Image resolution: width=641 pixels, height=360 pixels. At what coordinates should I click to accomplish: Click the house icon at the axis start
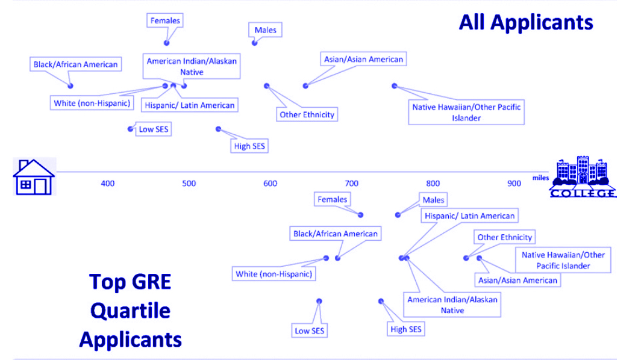tap(34, 176)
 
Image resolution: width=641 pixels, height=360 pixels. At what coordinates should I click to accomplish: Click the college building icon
tap(583, 176)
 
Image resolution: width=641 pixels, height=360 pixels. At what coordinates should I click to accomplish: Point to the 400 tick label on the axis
tap(107, 184)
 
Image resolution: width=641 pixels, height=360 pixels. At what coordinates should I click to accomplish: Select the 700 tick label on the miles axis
tap(351, 184)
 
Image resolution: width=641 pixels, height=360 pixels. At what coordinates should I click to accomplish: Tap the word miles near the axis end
tap(540, 178)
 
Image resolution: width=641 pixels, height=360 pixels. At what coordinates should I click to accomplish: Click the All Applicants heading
tap(525, 22)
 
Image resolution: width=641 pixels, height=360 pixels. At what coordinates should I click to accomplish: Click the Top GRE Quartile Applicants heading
tap(130, 311)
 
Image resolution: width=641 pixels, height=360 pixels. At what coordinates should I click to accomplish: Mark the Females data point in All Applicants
tap(167, 43)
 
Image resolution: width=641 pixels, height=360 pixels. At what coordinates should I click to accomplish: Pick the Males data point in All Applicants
tap(255, 43)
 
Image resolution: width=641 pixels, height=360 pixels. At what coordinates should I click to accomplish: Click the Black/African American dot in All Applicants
tap(70, 86)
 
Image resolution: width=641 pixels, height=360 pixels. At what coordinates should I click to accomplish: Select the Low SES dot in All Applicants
tap(130, 129)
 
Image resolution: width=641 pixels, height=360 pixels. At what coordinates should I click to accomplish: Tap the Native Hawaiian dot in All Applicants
tap(395, 86)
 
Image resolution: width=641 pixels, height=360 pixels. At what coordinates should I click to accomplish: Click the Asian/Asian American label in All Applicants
tap(363, 59)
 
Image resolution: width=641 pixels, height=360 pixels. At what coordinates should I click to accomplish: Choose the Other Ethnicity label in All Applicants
tap(307, 114)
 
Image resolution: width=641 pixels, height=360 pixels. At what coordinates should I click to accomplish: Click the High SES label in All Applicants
tap(249, 146)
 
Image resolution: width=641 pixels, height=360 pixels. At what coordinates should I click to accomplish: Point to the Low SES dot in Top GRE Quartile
tap(319, 301)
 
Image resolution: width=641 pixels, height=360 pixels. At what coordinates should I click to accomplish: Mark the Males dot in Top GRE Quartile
tap(398, 215)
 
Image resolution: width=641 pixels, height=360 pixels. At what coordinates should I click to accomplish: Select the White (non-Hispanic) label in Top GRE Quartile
tap(274, 274)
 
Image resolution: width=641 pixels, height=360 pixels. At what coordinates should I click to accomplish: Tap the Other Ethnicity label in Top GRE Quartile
tap(505, 237)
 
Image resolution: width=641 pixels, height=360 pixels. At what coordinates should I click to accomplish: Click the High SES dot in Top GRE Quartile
tap(381, 301)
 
